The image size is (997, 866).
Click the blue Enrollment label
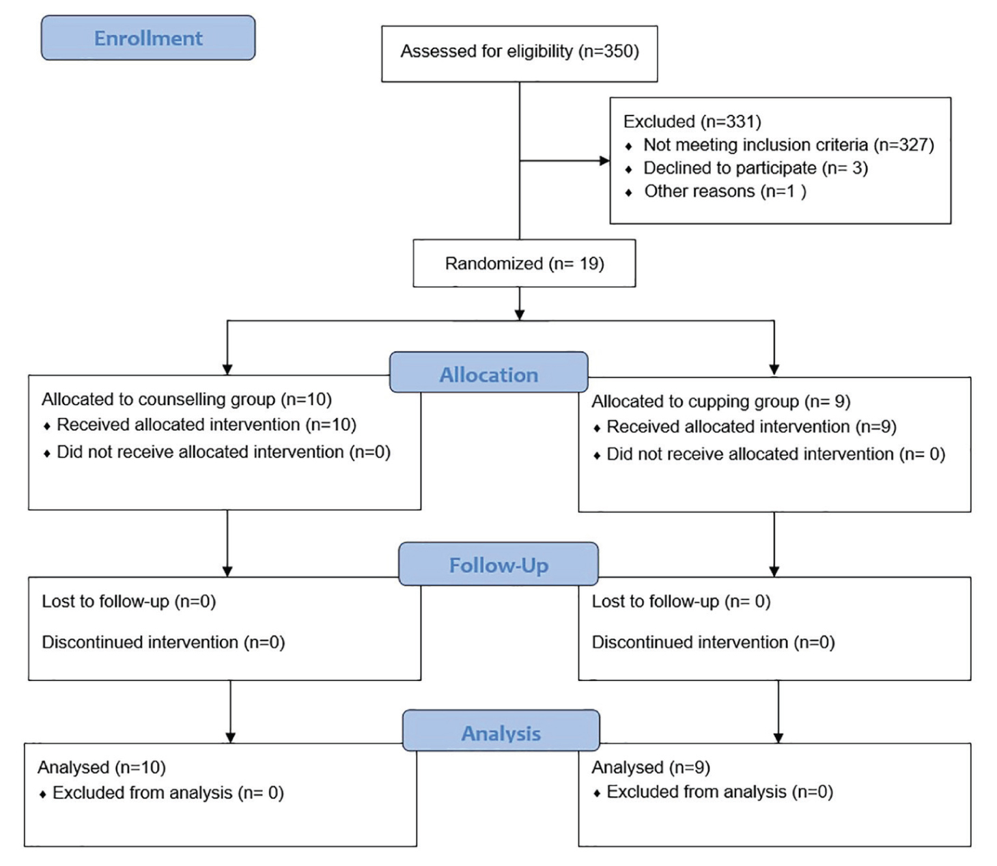(148, 38)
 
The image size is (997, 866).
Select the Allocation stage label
(489, 372)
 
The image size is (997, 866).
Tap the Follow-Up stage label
(498, 564)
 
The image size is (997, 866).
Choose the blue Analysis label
(501, 731)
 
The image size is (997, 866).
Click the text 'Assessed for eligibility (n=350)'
(520, 51)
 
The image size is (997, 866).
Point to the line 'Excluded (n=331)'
(692, 122)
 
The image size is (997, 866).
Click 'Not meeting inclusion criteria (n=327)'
(789, 145)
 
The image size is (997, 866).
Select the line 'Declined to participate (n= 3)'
(756, 168)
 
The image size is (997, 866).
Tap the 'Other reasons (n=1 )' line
(725, 191)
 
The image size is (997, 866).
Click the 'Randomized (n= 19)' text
(524, 264)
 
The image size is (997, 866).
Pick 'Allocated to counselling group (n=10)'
(186, 399)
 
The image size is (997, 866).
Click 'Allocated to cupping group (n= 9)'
(720, 402)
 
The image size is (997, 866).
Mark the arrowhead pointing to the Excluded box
(605, 160)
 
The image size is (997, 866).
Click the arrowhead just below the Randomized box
(520, 314)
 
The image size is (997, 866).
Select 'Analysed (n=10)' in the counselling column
(102, 768)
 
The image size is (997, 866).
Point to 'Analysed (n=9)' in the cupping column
(651, 768)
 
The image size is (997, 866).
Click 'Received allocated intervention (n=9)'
(751, 427)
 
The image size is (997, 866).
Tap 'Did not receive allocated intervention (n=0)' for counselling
(224, 452)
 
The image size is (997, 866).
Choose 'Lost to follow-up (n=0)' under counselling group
(128, 602)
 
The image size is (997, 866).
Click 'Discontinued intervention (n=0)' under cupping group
(713, 642)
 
